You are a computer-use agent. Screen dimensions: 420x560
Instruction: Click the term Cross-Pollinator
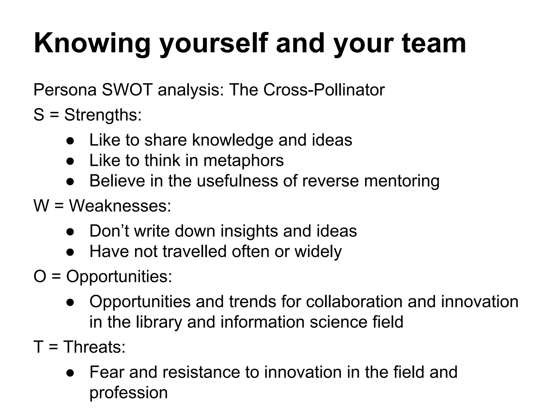click(324, 90)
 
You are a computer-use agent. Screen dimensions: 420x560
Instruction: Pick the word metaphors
click(243, 161)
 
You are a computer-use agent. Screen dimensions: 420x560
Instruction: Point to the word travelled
click(195, 252)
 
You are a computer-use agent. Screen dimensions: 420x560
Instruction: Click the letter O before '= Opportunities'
click(40, 276)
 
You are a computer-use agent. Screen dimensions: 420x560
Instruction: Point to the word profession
click(129, 393)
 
